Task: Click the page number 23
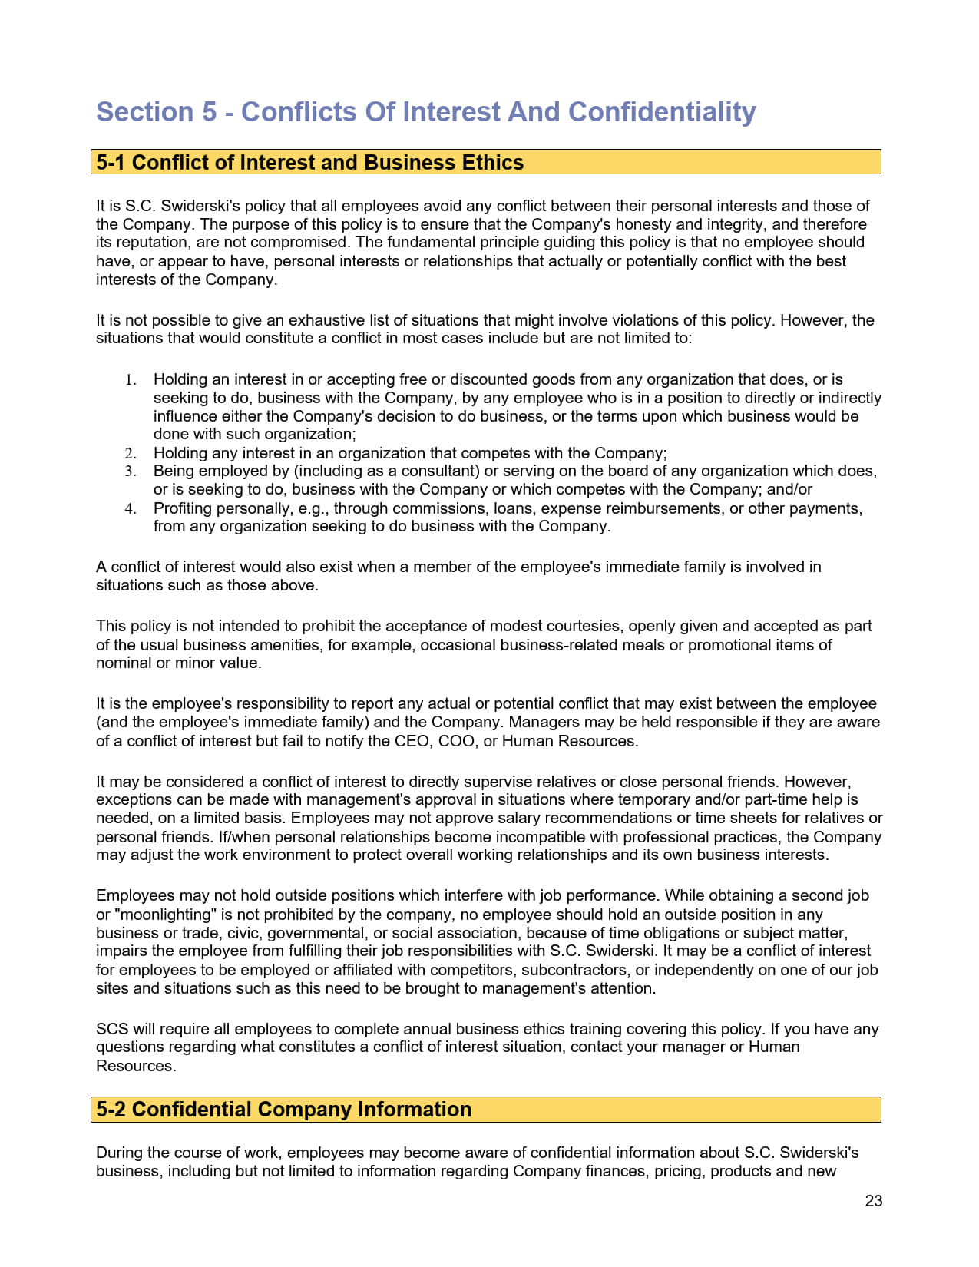click(x=873, y=1201)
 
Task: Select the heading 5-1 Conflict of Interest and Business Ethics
click(x=309, y=163)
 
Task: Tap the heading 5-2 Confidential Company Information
click(x=283, y=1110)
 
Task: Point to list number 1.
click(x=131, y=380)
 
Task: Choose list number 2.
click(x=131, y=454)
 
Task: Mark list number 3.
click(x=131, y=471)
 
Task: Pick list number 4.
click(x=131, y=509)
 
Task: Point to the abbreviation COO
click(x=456, y=741)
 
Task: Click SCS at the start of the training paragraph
click(x=112, y=1029)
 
